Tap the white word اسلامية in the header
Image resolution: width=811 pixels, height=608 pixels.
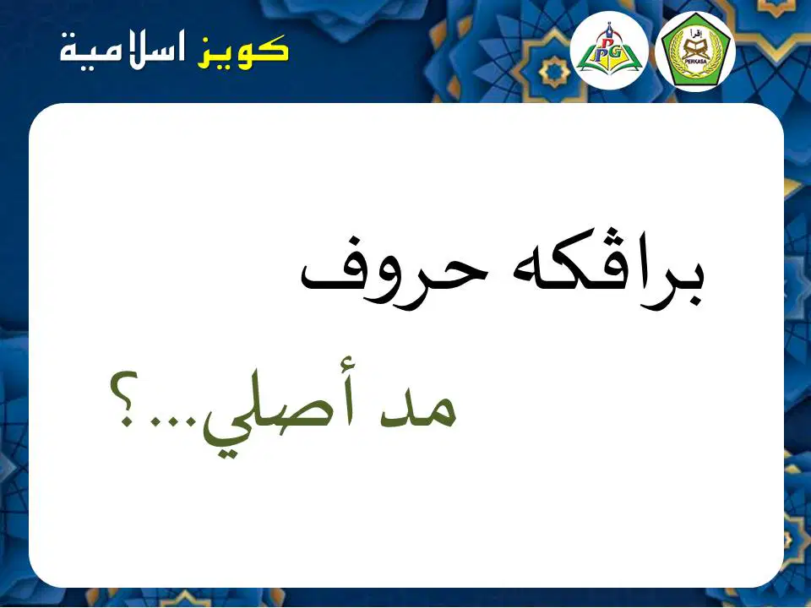[x=122, y=52]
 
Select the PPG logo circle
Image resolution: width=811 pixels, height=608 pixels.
[x=609, y=51]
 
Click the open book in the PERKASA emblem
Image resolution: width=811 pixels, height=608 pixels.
[x=695, y=49]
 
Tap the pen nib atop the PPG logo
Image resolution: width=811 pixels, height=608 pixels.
[x=610, y=27]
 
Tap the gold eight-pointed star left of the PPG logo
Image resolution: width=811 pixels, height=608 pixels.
[x=554, y=71]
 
